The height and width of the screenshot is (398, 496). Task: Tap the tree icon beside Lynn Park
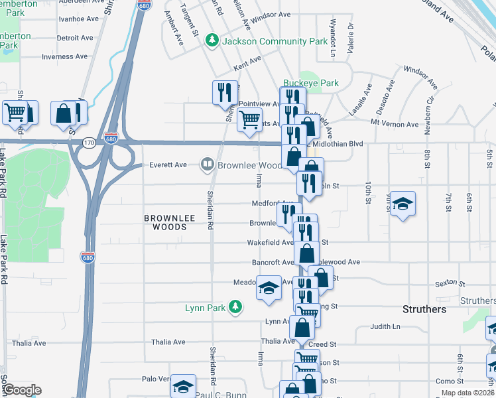pyautogui.click(x=234, y=306)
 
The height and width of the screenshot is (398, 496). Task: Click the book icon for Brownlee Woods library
pyautogui.click(x=208, y=165)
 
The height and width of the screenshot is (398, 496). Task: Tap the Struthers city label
pyautogui.click(x=425, y=310)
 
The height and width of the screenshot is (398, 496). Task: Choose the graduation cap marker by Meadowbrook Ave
pyautogui.click(x=268, y=288)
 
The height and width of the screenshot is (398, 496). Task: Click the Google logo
pyautogui.click(x=21, y=390)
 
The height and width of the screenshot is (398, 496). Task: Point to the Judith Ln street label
pyautogui.click(x=385, y=326)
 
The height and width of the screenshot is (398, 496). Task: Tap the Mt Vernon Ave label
pyautogui.click(x=395, y=124)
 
